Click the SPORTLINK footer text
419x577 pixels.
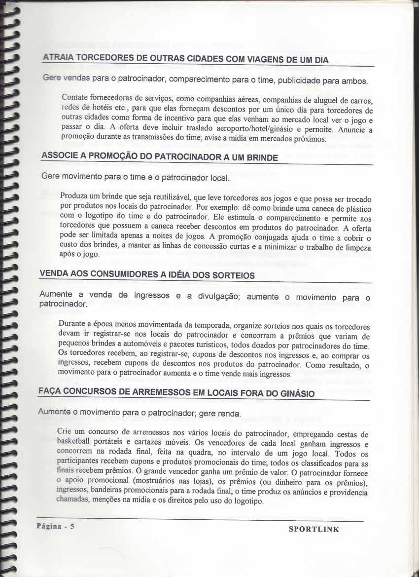pyautogui.click(x=314, y=529)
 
